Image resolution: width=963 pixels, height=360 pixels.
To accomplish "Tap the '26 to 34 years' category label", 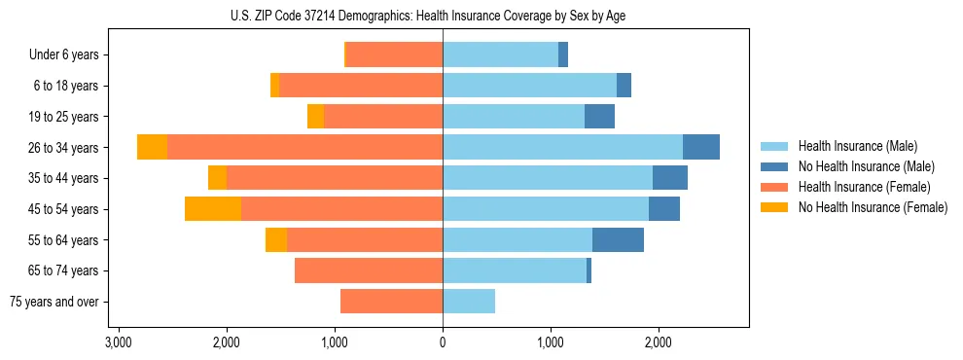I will (x=62, y=148).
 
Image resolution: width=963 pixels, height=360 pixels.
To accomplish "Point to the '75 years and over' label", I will (x=54, y=302).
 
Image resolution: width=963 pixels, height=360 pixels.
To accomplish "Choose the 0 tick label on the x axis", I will (x=443, y=342).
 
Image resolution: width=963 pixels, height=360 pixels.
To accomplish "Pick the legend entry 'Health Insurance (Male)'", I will (x=857, y=146).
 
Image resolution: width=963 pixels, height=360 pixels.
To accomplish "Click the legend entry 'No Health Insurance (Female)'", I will (x=872, y=207).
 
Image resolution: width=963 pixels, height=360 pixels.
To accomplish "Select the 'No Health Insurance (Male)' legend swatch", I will (x=774, y=166).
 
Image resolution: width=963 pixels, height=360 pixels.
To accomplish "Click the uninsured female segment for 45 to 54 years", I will (x=213, y=208).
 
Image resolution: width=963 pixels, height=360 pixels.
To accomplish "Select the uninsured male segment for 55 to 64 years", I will (x=618, y=239).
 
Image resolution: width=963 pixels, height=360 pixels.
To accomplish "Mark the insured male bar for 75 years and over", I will (x=469, y=302).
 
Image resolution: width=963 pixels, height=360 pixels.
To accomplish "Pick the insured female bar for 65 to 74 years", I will (x=369, y=270).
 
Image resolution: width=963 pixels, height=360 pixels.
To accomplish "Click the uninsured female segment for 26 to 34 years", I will (x=152, y=147).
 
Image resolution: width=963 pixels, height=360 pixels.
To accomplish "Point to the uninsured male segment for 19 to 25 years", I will (x=599, y=117).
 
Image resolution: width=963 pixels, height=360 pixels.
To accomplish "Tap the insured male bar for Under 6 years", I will (x=500, y=55).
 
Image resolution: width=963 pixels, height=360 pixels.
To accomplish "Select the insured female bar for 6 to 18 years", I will (x=361, y=86).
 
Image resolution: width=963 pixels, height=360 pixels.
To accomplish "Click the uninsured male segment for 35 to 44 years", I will (x=670, y=178).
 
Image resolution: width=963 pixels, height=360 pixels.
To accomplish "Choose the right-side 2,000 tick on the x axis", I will (x=659, y=342).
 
